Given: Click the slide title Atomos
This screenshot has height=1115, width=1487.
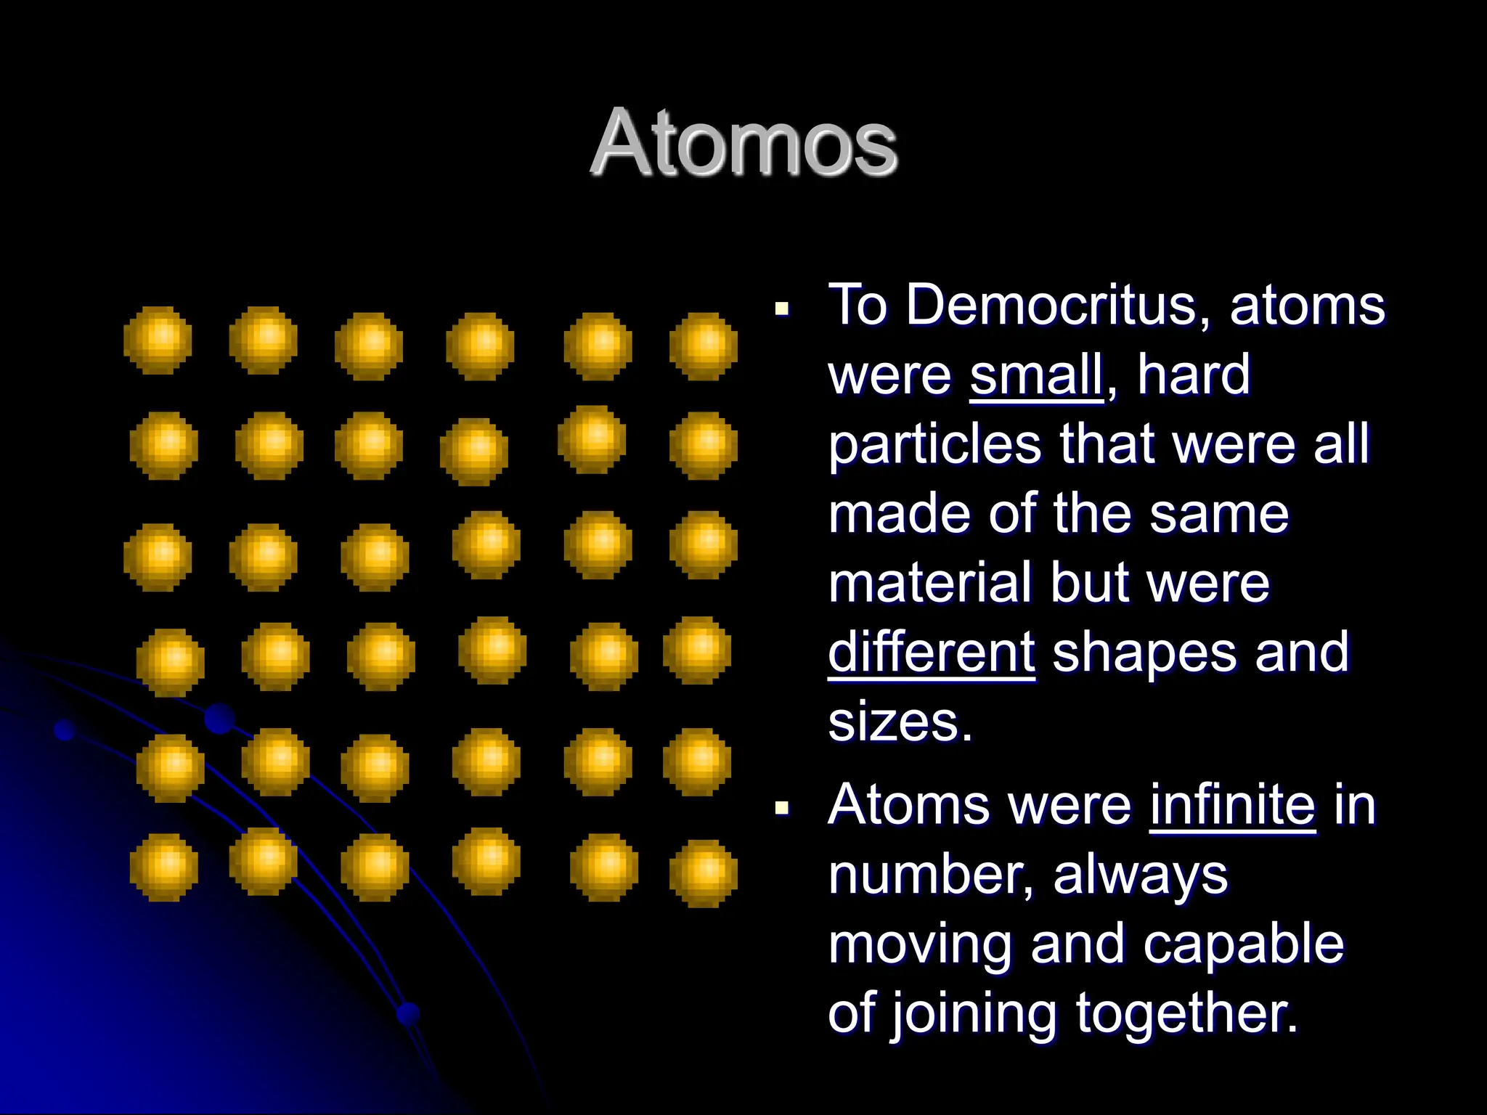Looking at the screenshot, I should pyautogui.click(x=743, y=142).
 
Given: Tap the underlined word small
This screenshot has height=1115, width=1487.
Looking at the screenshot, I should pyautogui.click(x=1036, y=375).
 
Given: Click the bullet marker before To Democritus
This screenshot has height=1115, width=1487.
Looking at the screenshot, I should pyautogui.click(x=782, y=310).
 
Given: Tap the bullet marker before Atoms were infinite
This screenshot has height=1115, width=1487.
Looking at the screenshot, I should pyautogui.click(x=782, y=808).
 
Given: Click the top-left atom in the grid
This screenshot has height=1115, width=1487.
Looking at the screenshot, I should pyautogui.click(x=158, y=340).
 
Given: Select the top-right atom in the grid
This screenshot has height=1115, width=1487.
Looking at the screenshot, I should pyautogui.click(x=703, y=346).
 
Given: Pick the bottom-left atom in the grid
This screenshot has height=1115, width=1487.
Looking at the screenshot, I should pyautogui.click(x=163, y=867).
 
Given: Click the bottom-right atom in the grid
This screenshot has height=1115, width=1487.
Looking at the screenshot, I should pyautogui.click(x=703, y=873).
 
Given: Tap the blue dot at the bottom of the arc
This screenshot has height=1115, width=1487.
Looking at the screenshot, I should pyautogui.click(x=408, y=1013).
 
